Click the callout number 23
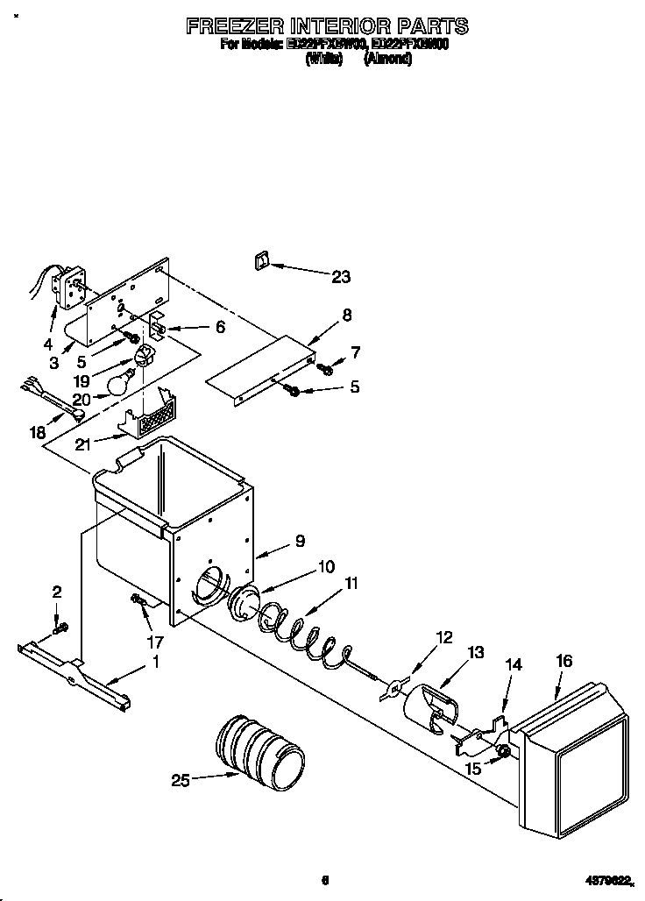point(340,277)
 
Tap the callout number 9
point(300,542)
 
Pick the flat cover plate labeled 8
point(260,369)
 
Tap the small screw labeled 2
point(60,628)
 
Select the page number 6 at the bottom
point(324,880)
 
